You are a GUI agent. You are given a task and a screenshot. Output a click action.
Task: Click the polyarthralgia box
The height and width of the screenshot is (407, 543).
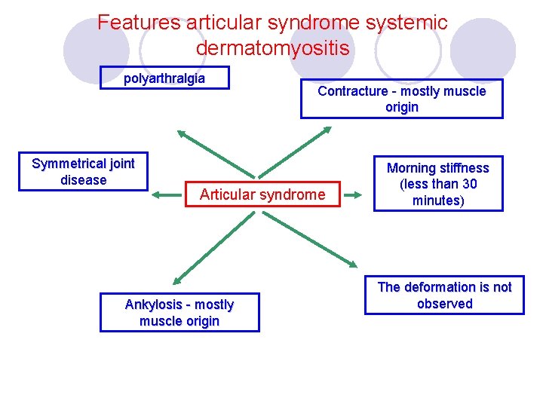click(164, 78)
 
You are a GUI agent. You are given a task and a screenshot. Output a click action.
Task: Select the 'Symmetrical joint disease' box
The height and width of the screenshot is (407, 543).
click(83, 173)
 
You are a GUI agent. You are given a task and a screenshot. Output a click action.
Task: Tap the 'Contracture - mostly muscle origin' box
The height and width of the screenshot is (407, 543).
click(401, 99)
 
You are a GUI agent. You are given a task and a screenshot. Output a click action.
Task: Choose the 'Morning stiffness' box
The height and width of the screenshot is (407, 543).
click(437, 184)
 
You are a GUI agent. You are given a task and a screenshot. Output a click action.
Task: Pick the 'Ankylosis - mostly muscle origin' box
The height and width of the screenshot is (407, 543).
click(179, 313)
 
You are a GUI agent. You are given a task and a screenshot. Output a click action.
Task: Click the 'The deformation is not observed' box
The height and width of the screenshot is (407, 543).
click(444, 295)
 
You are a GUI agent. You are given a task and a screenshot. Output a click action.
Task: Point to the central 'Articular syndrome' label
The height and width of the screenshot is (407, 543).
click(262, 195)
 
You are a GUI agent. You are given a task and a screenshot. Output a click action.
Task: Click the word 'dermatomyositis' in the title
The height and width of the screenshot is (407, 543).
click(272, 48)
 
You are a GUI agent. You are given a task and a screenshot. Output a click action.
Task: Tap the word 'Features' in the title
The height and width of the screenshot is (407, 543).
click(138, 23)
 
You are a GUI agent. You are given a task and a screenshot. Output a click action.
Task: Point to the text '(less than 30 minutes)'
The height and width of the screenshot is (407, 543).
click(437, 192)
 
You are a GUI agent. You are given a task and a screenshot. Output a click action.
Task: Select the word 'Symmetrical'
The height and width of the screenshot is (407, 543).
click(69, 164)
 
